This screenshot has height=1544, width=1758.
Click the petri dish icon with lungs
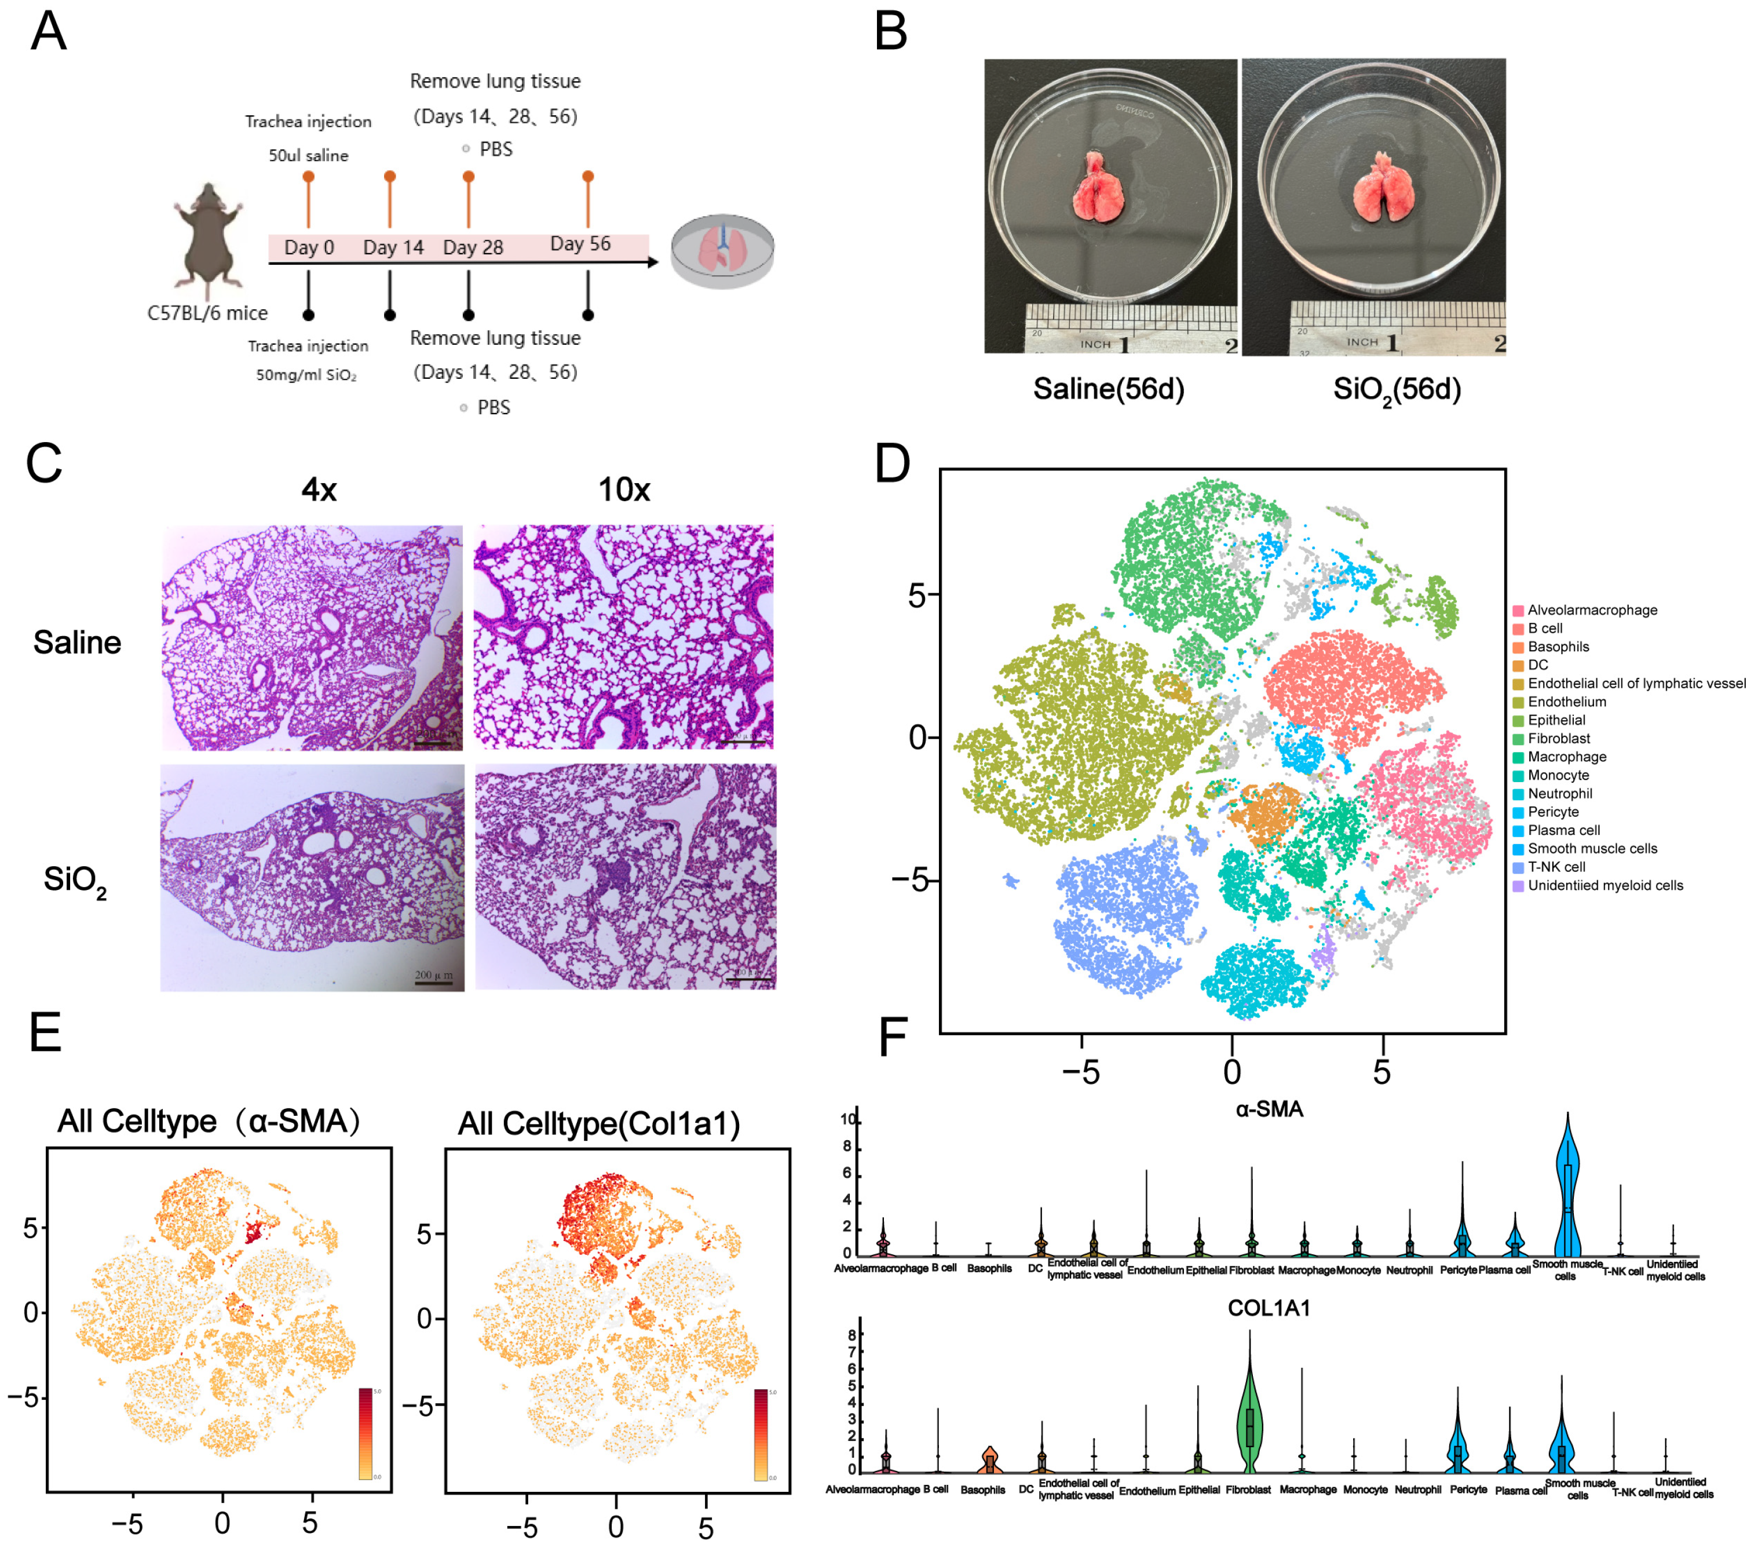click(x=722, y=251)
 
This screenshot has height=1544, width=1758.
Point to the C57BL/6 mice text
click(x=207, y=313)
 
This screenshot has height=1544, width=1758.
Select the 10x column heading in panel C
click(x=624, y=490)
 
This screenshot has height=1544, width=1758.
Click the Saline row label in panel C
click(x=78, y=643)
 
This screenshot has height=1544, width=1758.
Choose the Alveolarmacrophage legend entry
click(x=1591, y=610)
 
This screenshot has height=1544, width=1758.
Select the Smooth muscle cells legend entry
click(x=1591, y=848)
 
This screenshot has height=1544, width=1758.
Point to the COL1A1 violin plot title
click(x=1269, y=1308)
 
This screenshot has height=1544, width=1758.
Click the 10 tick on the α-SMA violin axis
click(x=848, y=1119)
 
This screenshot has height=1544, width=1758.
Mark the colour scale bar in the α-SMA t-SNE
click(x=366, y=1434)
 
